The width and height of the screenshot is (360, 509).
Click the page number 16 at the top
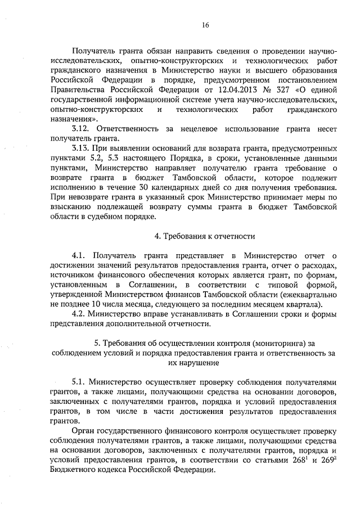pos(206,25)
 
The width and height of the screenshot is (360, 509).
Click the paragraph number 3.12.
pos(82,129)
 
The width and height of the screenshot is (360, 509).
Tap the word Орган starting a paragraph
pos(85,430)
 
